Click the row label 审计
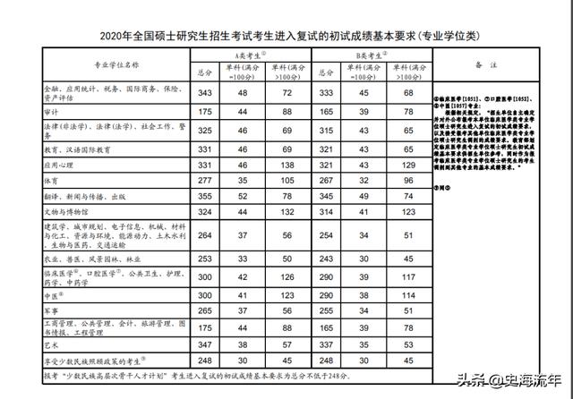coord(54,111)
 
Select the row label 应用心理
coord(60,166)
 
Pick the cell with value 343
coord(205,92)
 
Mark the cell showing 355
coord(205,196)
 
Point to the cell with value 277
coord(205,181)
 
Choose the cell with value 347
coord(205,344)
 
